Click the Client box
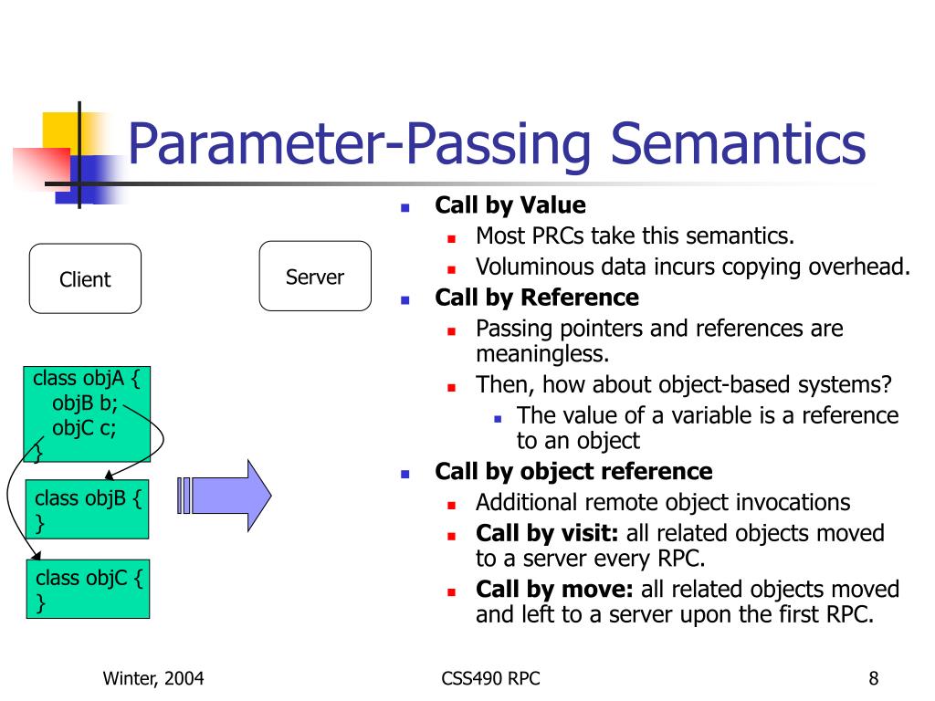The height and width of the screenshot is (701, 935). (x=85, y=279)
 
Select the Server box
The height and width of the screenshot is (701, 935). (x=315, y=277)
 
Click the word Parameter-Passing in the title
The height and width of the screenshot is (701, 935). (x=361, y=145)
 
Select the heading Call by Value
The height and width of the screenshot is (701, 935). (x=510, y=205)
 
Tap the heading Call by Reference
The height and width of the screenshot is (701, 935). (x=537, y=298)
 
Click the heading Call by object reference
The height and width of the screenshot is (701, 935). (x=573, y=472)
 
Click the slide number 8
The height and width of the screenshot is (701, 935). (x=874, y=678)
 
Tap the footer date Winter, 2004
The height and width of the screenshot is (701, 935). (x=152, y=678)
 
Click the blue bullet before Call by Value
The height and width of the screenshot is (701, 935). (x=404, y=207)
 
